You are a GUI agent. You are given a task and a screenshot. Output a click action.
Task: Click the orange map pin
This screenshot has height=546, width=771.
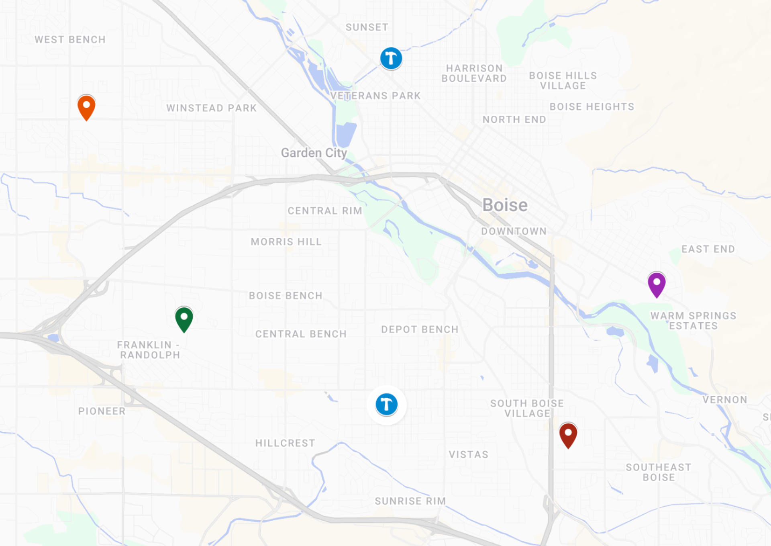86,106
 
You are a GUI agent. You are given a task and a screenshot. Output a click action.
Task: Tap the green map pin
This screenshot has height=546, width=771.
184,319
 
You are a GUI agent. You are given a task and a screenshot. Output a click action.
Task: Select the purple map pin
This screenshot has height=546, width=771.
657,284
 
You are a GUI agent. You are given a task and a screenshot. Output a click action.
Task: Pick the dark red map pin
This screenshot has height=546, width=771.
568,435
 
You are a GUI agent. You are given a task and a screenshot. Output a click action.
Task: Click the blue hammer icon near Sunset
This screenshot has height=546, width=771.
391,58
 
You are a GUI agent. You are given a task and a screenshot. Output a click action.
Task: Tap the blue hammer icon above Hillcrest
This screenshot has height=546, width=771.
386,404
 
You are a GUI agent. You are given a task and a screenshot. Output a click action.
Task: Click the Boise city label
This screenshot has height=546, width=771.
505,205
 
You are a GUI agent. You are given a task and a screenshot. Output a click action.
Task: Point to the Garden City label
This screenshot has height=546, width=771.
314,153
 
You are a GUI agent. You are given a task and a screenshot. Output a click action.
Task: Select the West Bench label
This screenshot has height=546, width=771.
70,39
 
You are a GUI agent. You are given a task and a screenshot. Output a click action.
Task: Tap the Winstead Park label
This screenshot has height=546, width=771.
211,108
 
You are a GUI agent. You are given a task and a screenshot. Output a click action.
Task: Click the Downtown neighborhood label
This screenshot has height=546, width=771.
514,231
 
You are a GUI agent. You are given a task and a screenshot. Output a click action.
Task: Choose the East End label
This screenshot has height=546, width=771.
708,249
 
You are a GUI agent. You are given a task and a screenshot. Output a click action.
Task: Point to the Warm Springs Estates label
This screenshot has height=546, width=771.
693,321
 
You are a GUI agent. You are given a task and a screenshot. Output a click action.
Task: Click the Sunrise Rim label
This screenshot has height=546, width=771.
410,501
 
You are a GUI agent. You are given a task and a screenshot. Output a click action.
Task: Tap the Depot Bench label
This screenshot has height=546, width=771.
420,329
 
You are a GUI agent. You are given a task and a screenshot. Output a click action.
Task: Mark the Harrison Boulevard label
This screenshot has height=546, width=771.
474,73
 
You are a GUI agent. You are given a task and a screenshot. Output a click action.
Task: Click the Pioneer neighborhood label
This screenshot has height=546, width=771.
102,411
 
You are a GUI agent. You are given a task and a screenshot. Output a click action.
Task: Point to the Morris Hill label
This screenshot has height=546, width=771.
286,241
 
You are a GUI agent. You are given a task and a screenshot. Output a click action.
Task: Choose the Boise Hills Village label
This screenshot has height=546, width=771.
563,80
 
